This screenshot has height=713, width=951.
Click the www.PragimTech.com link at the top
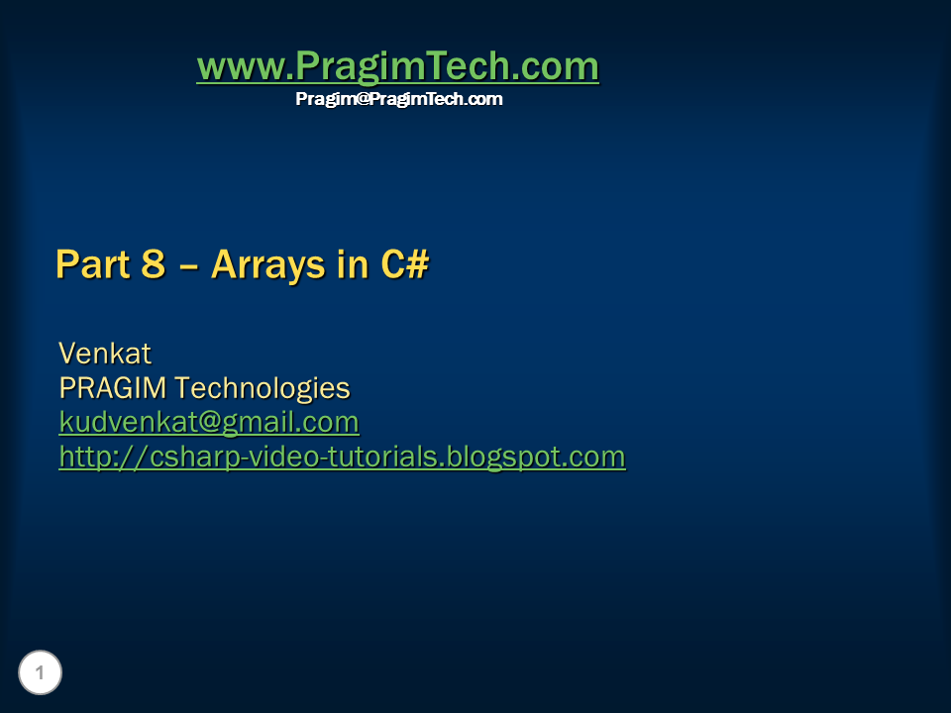[x=397, y=67]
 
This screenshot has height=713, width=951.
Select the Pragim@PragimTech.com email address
[x=398, y=99]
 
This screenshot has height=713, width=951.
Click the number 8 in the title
[x=153, y=264]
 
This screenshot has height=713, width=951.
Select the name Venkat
[x=104, y=353]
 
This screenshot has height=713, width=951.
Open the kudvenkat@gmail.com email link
[x=208, y=422]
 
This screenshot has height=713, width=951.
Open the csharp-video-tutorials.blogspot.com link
[x=342, y=457]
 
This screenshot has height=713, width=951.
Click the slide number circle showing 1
[x=40, y=673]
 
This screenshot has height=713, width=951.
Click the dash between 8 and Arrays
[x=188, y=265]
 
